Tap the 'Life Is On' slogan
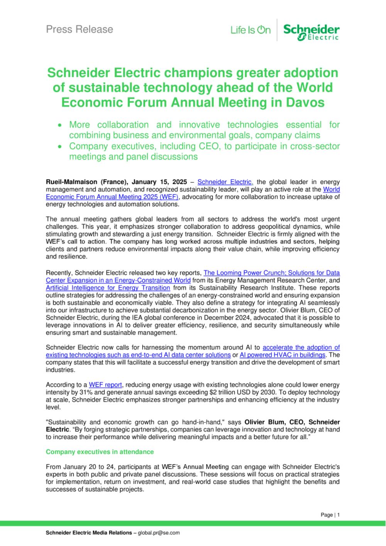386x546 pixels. point(250,30)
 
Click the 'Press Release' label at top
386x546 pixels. point(80,29)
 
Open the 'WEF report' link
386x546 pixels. point(105,385)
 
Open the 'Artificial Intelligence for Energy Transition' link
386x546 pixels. point(108,288)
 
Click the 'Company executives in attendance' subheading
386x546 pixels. point(100,452)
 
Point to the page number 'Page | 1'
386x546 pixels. point(330,515)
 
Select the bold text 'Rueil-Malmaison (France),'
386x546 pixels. point(87,182)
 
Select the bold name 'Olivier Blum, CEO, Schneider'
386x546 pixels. point(292,422)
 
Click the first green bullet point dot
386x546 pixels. point(59,125)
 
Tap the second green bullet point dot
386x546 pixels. point(59,147)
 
